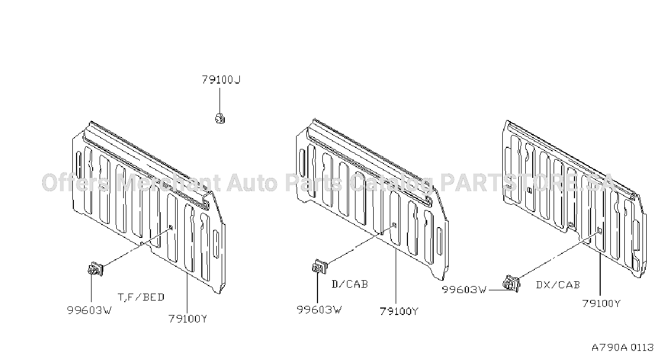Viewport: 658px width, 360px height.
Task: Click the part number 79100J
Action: tap(221, 80)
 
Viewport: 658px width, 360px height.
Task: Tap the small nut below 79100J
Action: tap(220, 118)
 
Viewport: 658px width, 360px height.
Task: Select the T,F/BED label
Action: tap(141, 297)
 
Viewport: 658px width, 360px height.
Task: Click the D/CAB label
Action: tap(350, 284)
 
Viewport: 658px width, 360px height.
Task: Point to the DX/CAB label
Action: tap(558, 285)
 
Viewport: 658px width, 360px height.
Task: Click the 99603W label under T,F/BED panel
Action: tap(89, 310)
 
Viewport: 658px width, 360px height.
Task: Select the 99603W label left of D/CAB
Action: tap(319, 310)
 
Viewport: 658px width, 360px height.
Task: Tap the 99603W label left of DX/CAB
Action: tap(464, 290)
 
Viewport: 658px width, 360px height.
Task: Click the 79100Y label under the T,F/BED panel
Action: tap(188, 319)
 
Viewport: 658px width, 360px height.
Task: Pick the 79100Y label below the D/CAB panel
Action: tap(399, 311)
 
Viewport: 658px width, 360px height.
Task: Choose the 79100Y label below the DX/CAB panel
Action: tap(601, 303)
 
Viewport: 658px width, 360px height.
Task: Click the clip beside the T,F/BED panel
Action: tap(95, 269)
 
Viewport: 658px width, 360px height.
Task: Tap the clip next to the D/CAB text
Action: tap(320, 267)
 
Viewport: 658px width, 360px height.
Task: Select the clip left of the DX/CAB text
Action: tap(511, 283)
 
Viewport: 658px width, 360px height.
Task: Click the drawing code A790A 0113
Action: tap(623, 348)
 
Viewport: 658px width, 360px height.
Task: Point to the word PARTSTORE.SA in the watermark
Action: tap(527, 183)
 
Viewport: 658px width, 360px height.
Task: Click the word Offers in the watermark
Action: tap(75, 183)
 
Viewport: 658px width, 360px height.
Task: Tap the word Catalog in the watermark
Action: tap(391, 184)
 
